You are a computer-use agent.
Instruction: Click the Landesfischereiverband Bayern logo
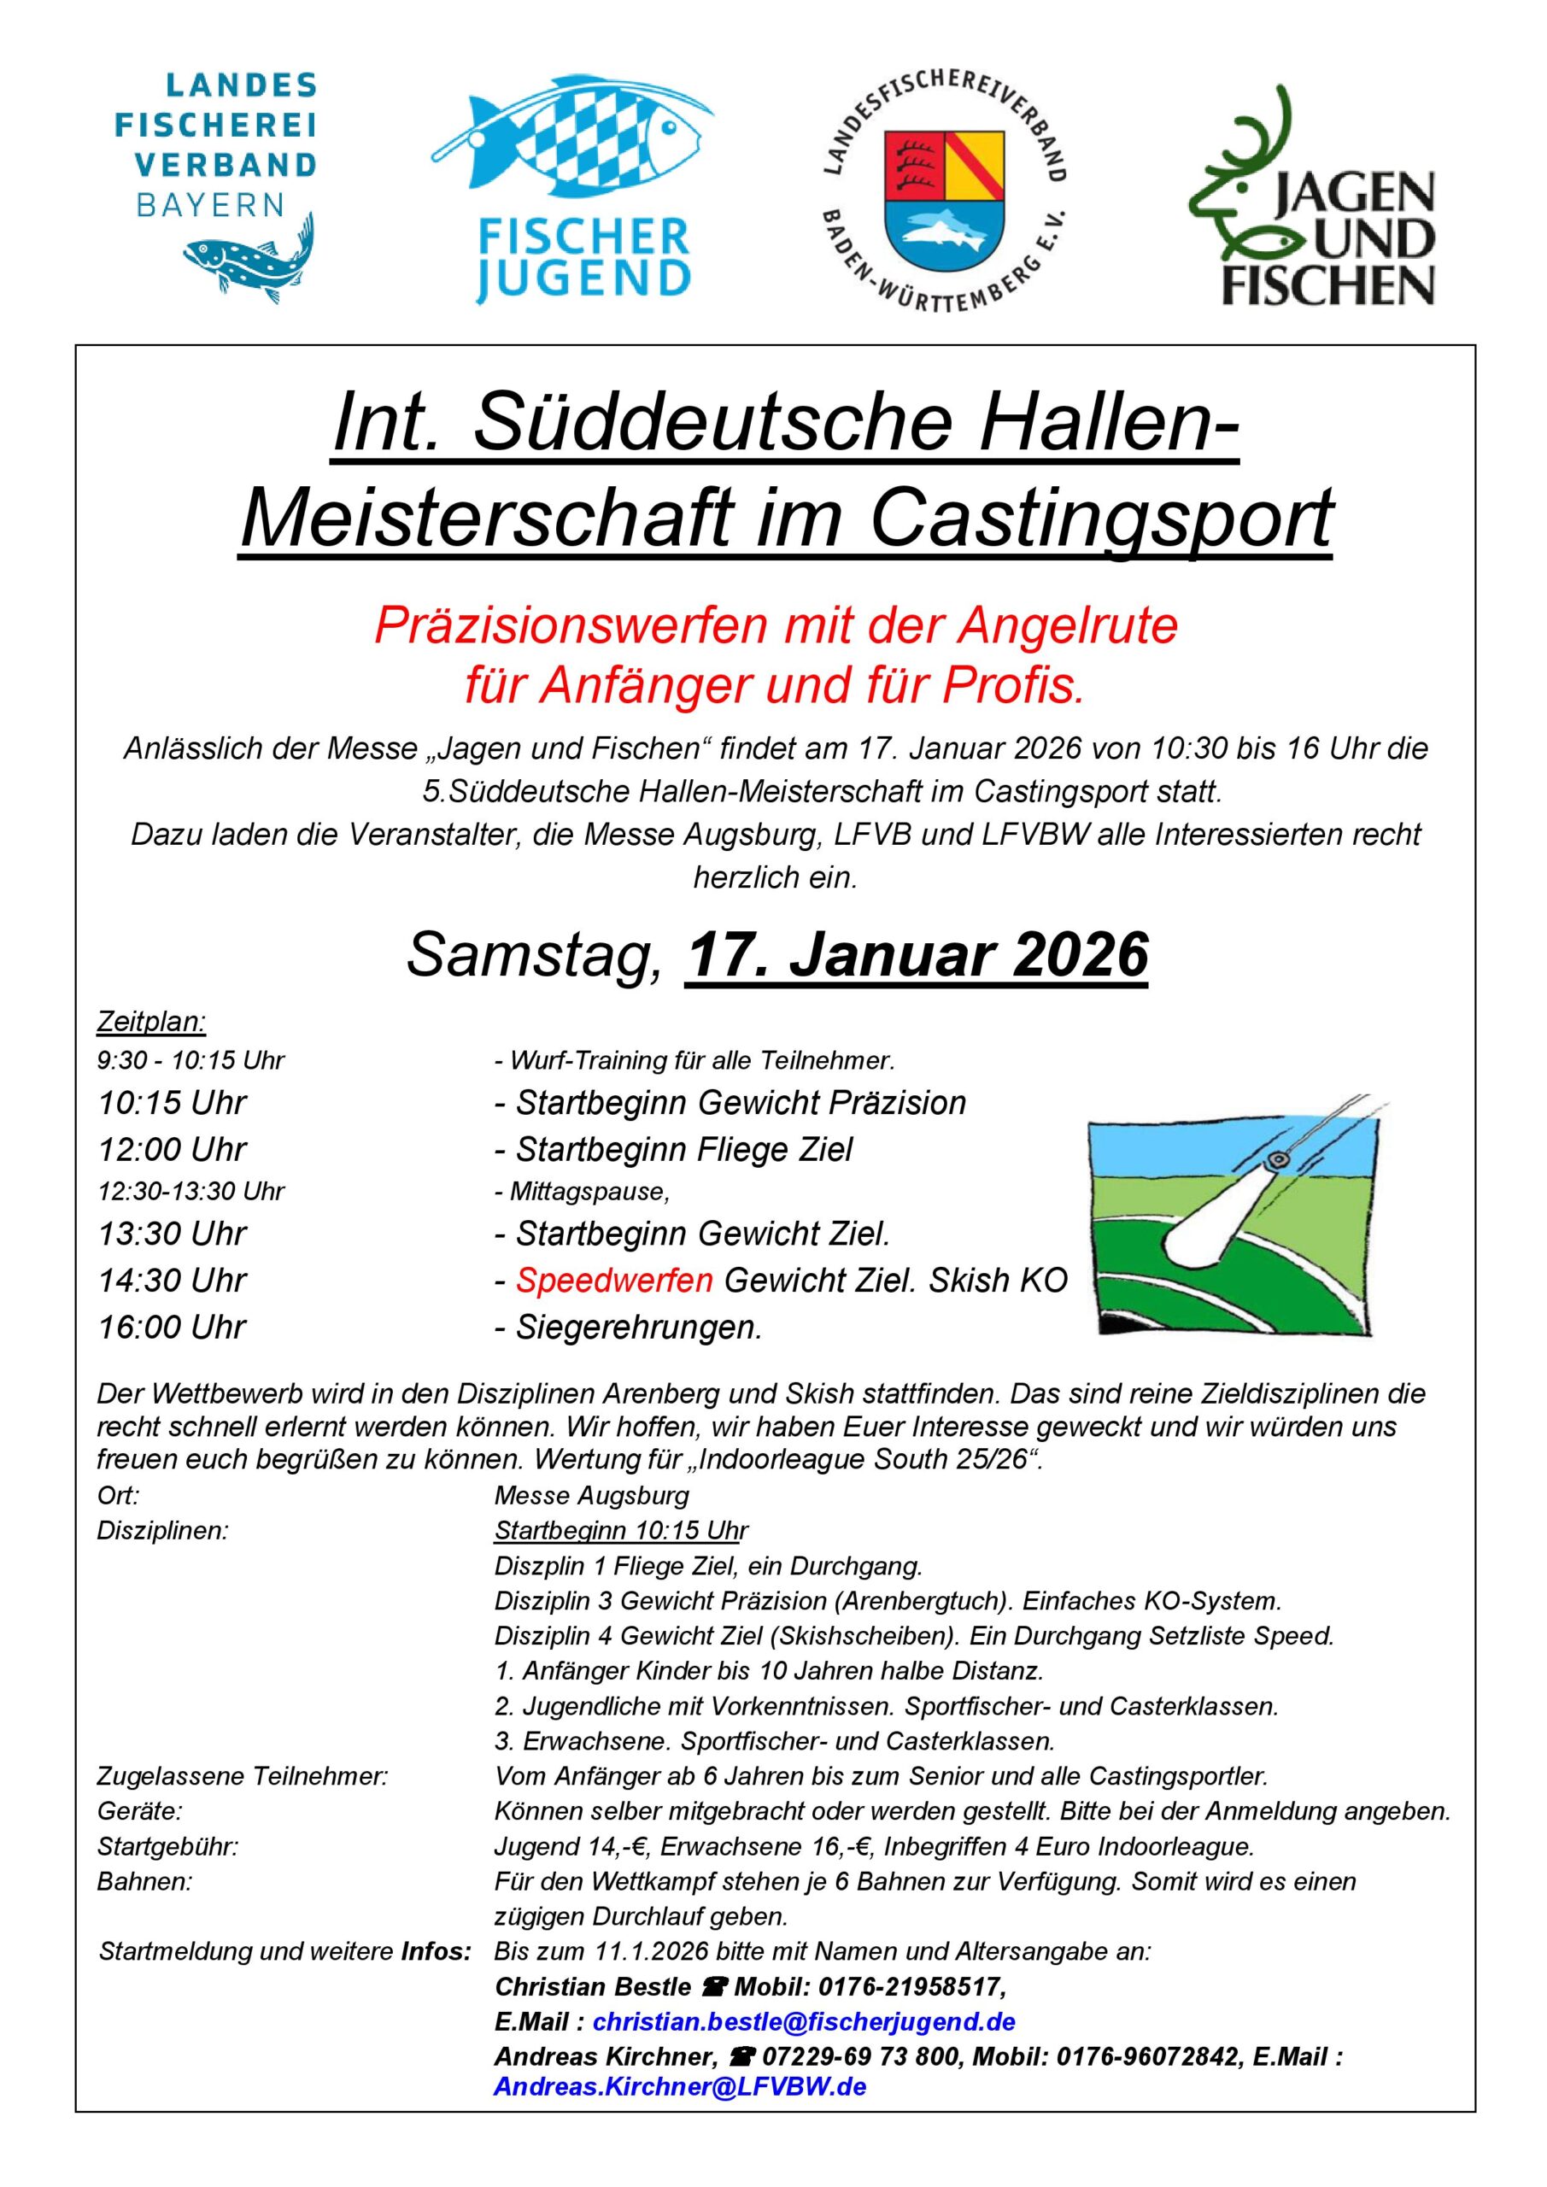217,185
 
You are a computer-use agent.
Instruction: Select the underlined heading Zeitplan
151,1022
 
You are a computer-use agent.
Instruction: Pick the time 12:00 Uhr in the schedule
173,1150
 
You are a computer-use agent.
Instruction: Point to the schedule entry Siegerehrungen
639,1327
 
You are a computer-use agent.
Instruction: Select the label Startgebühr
167,1847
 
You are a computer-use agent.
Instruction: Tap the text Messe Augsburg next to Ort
592,1496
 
